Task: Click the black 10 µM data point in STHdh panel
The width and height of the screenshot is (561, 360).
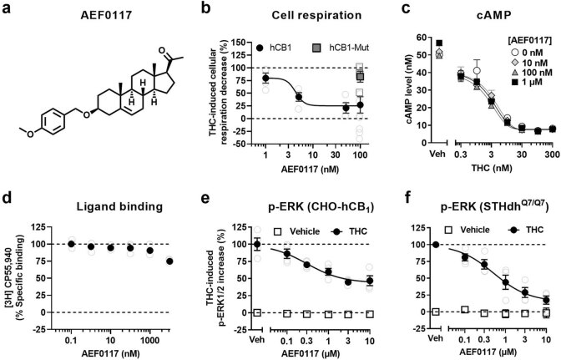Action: tap(543, 299)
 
